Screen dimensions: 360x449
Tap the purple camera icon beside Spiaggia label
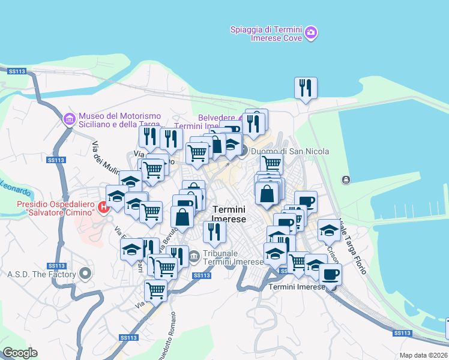pyautogui.click(x=311, y=32)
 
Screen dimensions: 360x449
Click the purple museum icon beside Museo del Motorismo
pyautogui.click(x=70, y=120)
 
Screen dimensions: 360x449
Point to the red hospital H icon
pyautogui.click(x=103, y=208)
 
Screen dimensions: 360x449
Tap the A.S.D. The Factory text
pyautogui.click(x=41, y=275)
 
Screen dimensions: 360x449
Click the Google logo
pyautogui.click(x=20, y=353)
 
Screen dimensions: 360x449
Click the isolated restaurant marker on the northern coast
pyautogui.click(x=306, y=88)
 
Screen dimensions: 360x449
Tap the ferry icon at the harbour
pyautogui.click(x=346, y=180)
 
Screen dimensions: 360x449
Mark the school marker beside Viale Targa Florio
pyautogui.click(x=329, y=230)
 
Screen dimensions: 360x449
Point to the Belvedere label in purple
pyautogui.click(x=217, y=118)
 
